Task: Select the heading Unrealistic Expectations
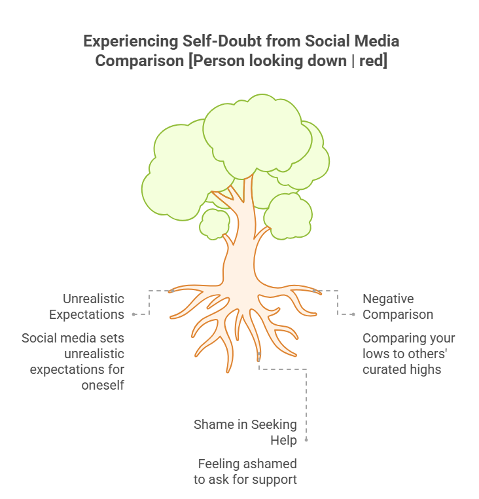[88, 306]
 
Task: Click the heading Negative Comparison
[398, 306]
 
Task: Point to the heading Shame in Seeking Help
[245, 432]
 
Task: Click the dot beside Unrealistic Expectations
[134, 314]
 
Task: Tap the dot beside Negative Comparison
[353, 314]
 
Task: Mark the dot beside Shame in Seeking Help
[306, 440]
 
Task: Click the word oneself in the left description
[103, 386]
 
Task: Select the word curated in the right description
[383, 369]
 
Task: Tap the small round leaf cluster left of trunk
[214, 223]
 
